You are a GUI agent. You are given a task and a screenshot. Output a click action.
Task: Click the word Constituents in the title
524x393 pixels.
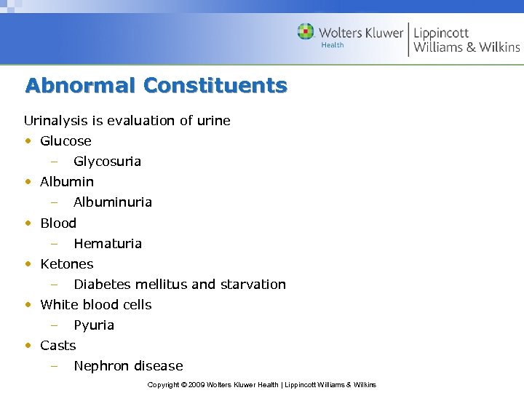pyautogui.click(x=215, y=86)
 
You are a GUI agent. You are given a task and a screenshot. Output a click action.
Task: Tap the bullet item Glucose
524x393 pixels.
pyautogui.click(x=65, y=141)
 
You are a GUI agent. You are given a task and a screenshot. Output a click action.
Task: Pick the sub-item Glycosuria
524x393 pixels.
pyautogui.click(x=107, y=162)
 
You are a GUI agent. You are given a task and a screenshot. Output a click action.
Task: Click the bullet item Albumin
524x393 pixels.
pyautogui.click(x=67, y=182)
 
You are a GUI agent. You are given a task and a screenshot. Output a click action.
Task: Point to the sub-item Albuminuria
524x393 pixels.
pyautogui.click(x=113, y=202)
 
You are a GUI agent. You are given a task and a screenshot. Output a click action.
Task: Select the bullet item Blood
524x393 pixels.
pyautogui.click(x=58, y=223)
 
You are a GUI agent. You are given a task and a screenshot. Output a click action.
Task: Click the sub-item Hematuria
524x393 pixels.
pyautogui.click(x=108, y=244)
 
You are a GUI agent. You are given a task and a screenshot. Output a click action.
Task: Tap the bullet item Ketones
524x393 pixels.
pyautogui.click(x=67, y=264)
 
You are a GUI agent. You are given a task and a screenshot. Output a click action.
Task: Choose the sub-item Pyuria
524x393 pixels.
pyautogui.click(x=94, y=325)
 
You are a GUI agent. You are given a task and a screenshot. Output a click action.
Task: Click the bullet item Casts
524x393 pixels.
pyautogui.click(x=58, y=346)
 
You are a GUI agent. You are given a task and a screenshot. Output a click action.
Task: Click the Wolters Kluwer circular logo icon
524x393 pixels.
pyautogui.click(x=306, y=32)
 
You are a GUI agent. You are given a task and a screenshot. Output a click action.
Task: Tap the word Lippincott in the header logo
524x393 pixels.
pyautogui.click(x=441, y=33)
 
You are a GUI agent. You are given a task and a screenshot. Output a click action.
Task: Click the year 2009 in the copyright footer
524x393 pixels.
pyautogui.click(x=196, y=384)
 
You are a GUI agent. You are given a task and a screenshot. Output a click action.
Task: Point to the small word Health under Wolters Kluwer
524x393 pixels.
pyautogui.click(x=332, y=45)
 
